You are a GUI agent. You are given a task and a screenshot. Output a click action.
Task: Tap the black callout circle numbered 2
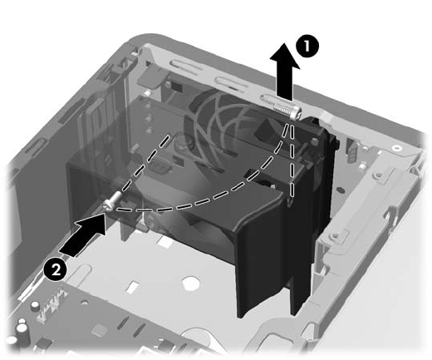pyautogui.click(x=55, y=269)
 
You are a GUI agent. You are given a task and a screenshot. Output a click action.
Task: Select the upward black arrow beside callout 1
pyautogui.click(x=285, y=72)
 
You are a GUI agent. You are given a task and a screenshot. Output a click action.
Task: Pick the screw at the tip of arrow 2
pyautogui.click(x=112, y=202)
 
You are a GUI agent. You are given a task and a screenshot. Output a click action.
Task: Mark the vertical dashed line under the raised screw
pyautogui.click(x=292, y=160)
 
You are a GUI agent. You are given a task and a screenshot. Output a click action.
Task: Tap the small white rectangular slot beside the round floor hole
pyautogui.click(x=134, y=288)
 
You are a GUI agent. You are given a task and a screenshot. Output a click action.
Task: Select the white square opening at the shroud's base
pyautogui.click(x=165, y=243)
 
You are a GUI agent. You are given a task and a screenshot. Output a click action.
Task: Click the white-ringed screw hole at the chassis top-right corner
pyautogui.click(x=397, y=148)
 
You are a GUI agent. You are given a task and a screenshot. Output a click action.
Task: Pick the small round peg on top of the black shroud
pyautogui.click(x=314, y=141)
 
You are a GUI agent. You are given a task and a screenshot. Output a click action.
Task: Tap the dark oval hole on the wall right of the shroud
pyautogui.click(x=341, y=190)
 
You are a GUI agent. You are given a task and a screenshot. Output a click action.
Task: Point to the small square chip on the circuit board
pyautogui.click(x=100, y=330)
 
